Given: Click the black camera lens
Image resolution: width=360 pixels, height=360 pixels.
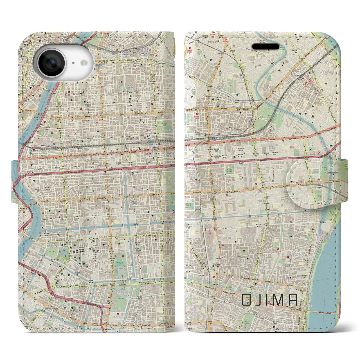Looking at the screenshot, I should click(52, 64).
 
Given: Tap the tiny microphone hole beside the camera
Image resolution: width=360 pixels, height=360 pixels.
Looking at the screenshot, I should click(73, 63).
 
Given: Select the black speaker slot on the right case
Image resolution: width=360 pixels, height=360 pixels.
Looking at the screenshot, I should click(265, 46).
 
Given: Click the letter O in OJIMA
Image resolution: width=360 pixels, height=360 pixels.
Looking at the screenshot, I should click(246, 300).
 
